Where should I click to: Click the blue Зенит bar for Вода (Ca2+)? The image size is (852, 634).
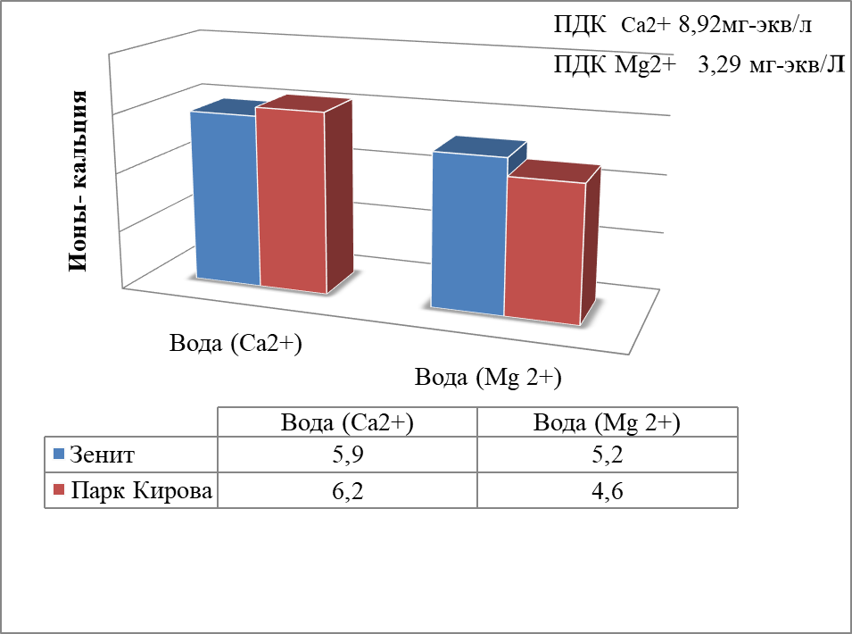click(x=226, y=196)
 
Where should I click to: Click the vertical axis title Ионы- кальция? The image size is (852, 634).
click(x=77, y=181)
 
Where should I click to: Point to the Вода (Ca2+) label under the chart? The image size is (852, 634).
click(x=236, y=344)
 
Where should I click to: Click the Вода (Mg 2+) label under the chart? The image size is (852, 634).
click(x=488, y=378)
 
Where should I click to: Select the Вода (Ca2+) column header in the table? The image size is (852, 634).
click(x=347, y=422)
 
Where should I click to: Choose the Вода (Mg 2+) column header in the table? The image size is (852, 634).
click(x=607, y=422)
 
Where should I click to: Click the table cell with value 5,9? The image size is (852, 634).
click(x=348, y=455)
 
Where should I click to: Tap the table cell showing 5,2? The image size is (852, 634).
click(x=608, y=455)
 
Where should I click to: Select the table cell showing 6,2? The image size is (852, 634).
click(x=348, y=491)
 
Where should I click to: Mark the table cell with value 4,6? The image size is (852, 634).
click(x=608, y=491)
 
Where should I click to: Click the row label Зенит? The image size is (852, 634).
click(x=103, y=455)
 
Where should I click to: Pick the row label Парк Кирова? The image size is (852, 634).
click(x=142, y=491)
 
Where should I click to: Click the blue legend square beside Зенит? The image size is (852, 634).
click(x=59, y=454)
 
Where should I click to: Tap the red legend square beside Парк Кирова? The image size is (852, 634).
click(x=59, y=489)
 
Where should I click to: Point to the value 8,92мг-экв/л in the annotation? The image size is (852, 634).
click(x=746, y=25)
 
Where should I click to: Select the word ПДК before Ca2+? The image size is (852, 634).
click(x=580, y=25)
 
